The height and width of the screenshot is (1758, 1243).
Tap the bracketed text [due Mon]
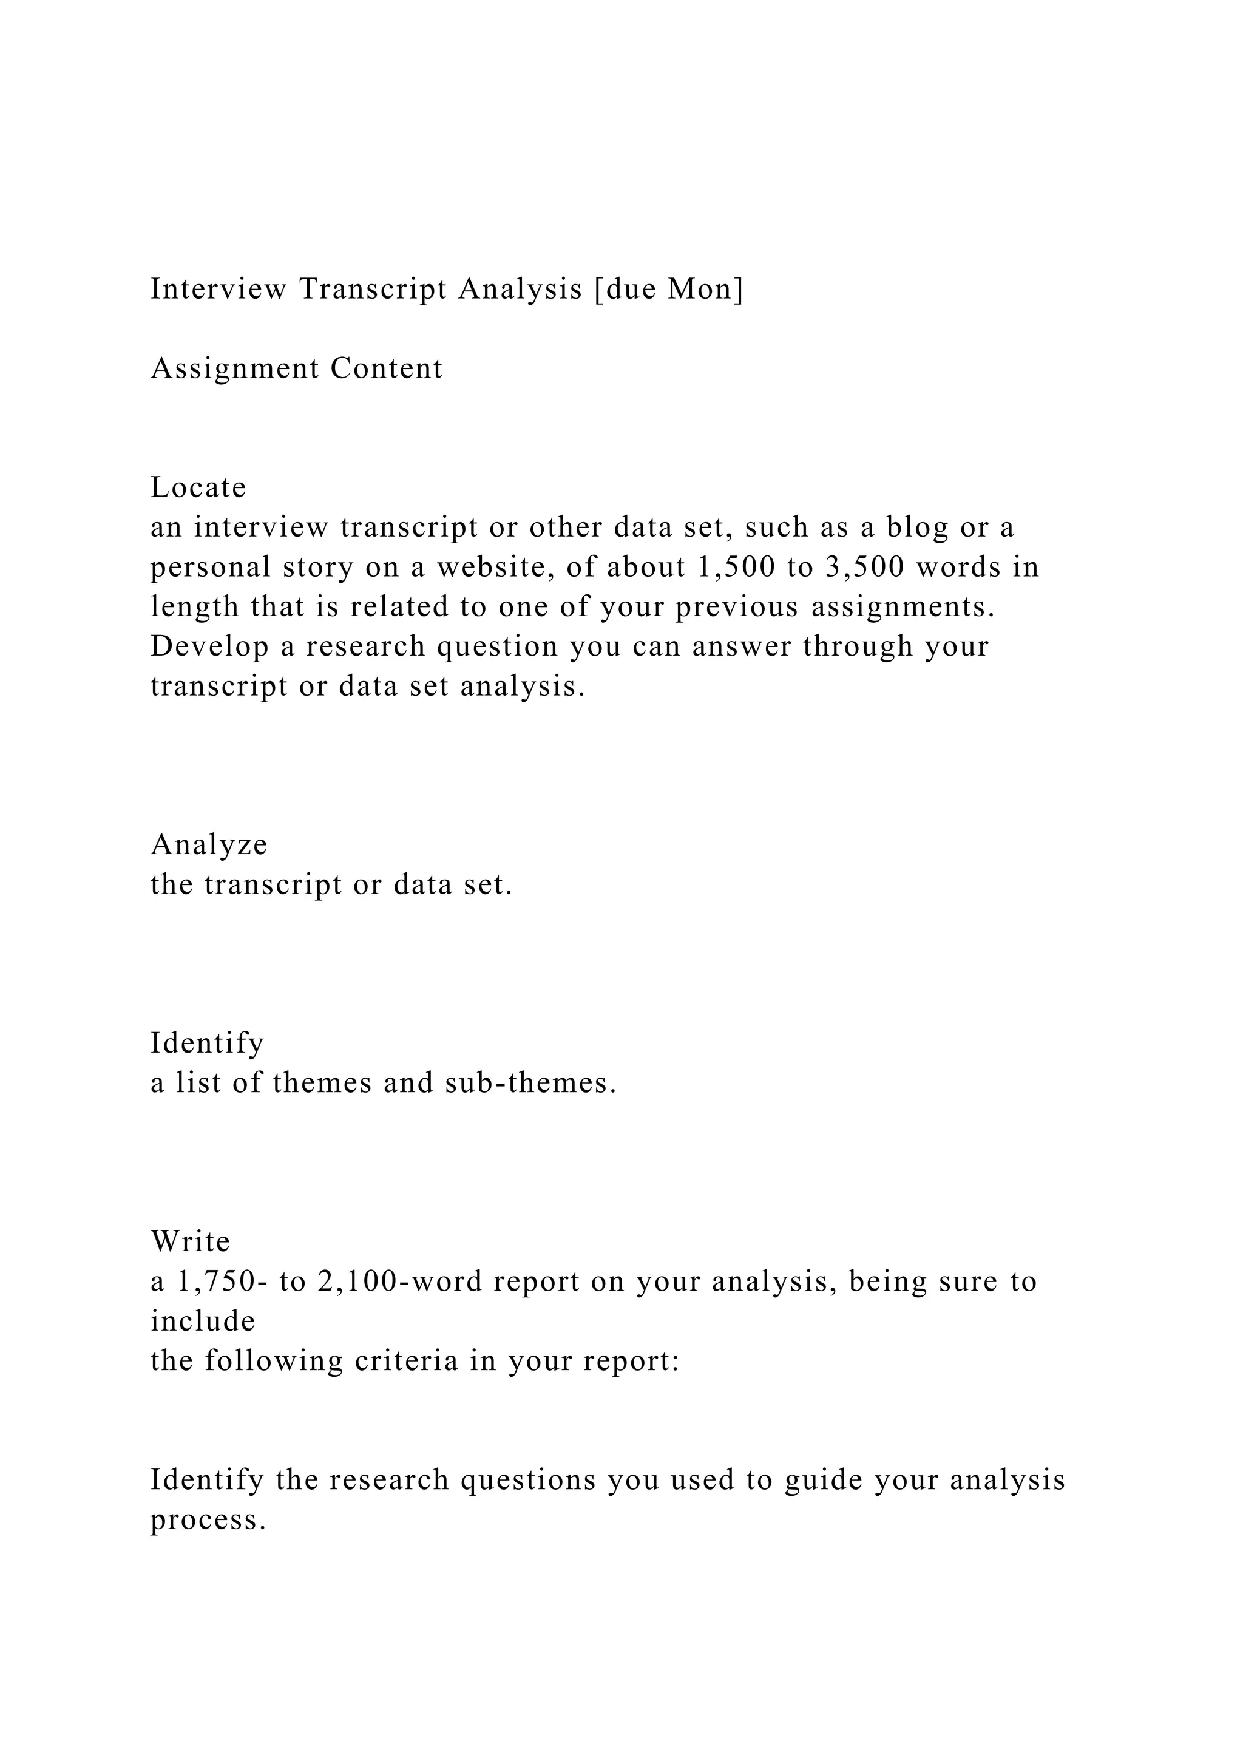[x=668, y=290]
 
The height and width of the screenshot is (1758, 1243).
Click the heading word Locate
[x=198, y=487]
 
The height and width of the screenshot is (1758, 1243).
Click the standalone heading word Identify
[x=206, y=1044]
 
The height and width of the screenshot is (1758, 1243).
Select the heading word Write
[x=191, y=1242]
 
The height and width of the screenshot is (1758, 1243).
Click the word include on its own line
[x=203, y=1322]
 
